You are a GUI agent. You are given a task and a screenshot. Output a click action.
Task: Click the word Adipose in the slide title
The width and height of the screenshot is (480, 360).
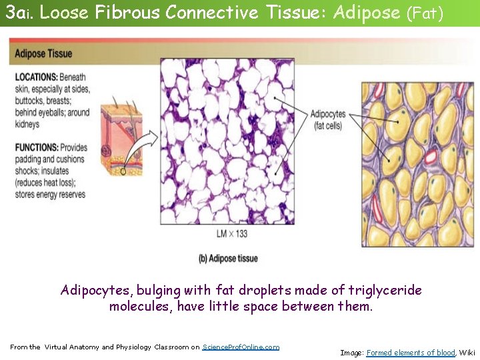pyautogui.click(x=365, y=13)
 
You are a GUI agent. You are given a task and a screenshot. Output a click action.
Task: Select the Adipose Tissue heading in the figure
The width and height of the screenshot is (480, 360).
pyautogui.click(x=43, y=54)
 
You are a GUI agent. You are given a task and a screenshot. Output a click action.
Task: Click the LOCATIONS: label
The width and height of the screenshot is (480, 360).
pyautogui.click(x=37, y=77)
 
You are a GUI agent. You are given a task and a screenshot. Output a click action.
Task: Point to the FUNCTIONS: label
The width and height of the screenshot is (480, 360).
pyautogui.click(x=37, y=147)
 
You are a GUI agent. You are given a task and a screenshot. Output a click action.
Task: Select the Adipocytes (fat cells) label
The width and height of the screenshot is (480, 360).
pyautogui.click(x=328, y=119)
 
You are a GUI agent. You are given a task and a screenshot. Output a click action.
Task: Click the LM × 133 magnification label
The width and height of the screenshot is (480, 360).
pyautogui.click(x=232, y=233)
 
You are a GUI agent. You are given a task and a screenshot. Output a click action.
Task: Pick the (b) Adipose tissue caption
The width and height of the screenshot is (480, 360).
pyautogui.click(x=227, y=258)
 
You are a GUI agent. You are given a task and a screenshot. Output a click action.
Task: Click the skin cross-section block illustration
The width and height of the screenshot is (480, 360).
pyautogui.click(x=121, y=140)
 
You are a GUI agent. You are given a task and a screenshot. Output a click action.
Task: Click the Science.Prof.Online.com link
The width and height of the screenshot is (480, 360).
pyautogui.click(x=241, y=347)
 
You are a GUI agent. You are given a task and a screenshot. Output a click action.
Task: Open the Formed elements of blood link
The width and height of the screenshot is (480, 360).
pyautogui.click(x=411, y=353)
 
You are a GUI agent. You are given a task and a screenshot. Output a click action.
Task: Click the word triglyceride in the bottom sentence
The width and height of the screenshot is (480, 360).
pyautogui.click(x=387, y=290)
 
